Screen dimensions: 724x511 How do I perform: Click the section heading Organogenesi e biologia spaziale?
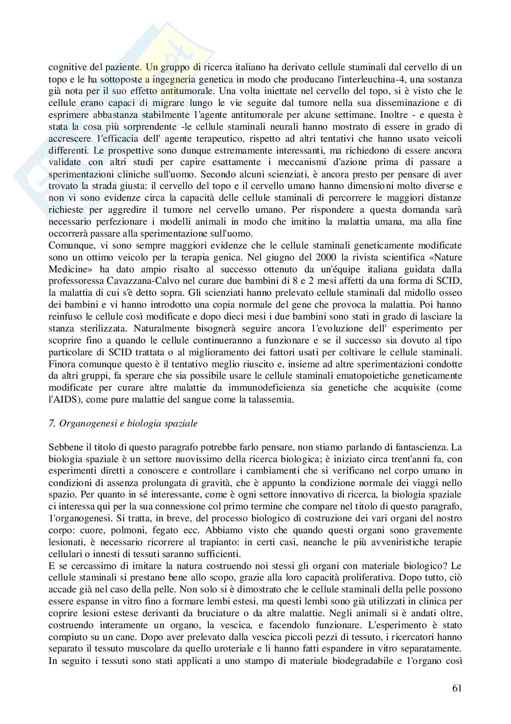pyautogui.click(x=123, y=423)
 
